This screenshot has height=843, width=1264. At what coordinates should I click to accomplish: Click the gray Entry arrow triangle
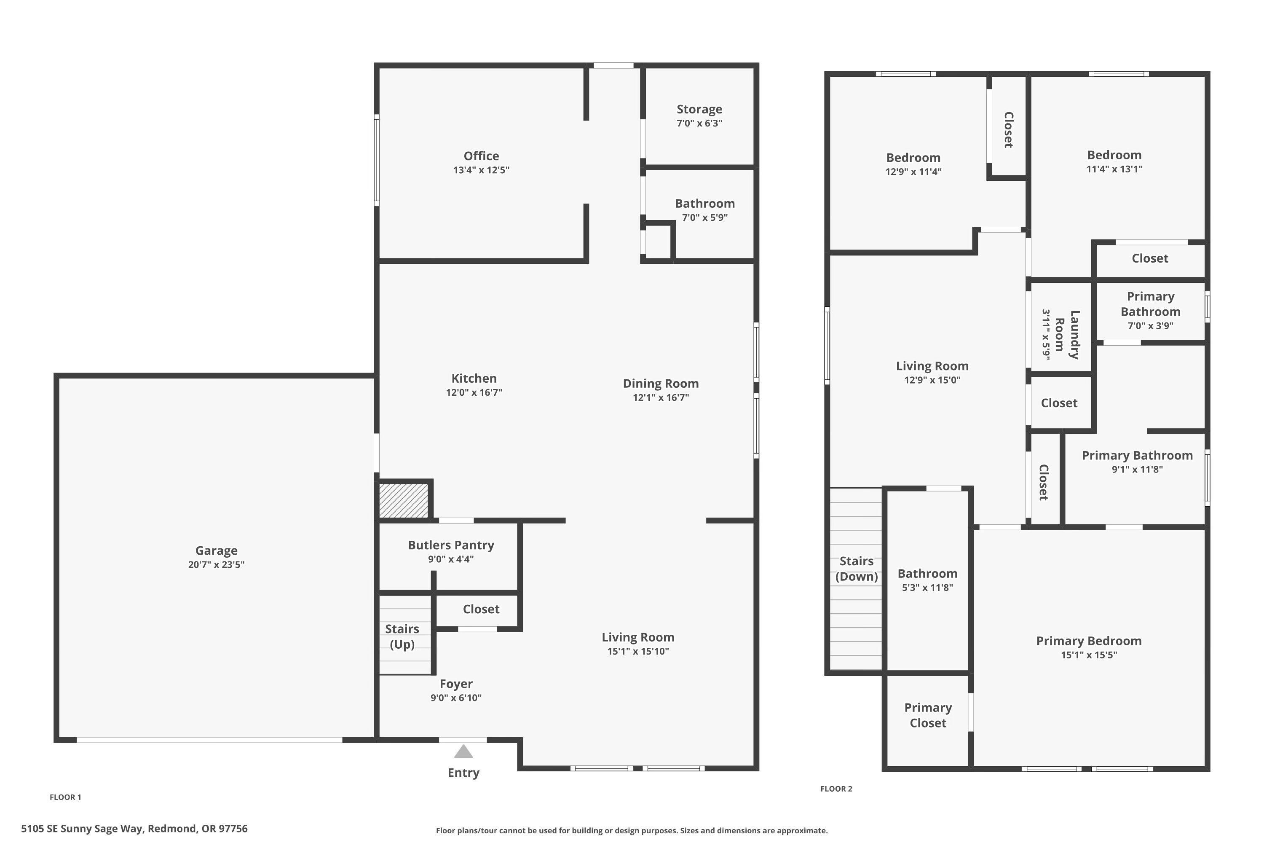[463, 752]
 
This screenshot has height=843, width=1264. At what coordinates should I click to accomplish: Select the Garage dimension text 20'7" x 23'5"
[216, 564]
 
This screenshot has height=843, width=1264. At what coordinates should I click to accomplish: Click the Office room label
[481, 156]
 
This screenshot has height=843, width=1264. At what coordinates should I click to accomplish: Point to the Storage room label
[699, 109]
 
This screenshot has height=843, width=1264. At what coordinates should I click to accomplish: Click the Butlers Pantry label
[450, 545]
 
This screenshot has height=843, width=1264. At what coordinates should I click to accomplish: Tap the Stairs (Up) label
[402, 636]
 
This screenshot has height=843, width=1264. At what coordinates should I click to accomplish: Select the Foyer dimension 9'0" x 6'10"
[456, 698]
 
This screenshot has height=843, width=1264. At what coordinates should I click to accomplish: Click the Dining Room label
[661, 383]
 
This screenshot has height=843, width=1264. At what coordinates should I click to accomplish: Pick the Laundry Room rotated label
[1066, 334]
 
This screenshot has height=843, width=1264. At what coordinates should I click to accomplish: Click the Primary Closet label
[928, 715]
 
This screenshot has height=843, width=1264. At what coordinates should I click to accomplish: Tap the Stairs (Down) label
[856, 569]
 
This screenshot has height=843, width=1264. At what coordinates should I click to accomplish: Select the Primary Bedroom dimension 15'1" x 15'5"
[1089, 655]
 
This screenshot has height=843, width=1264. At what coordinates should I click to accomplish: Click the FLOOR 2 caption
[836, 789]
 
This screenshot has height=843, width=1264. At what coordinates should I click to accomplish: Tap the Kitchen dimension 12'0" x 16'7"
[474, 392]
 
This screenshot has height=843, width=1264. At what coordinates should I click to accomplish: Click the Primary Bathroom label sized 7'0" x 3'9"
[1150, 304]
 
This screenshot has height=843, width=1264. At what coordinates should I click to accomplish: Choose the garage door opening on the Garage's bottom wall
[209, 740]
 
